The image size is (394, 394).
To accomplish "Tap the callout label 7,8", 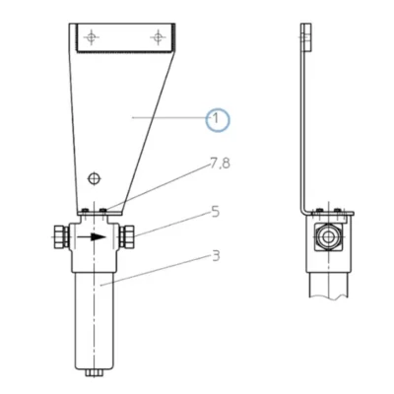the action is (220, 164).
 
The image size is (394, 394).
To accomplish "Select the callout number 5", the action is (215, 212).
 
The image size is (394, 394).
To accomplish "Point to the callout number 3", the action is (216, 256).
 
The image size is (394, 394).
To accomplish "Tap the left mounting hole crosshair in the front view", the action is (92, 37).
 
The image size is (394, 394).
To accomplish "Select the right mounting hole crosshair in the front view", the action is (158, 37).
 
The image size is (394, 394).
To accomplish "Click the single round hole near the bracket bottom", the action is (95, 178).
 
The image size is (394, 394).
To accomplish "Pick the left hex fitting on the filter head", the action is (61, 236).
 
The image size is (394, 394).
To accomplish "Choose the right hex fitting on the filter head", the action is (126, 236).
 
